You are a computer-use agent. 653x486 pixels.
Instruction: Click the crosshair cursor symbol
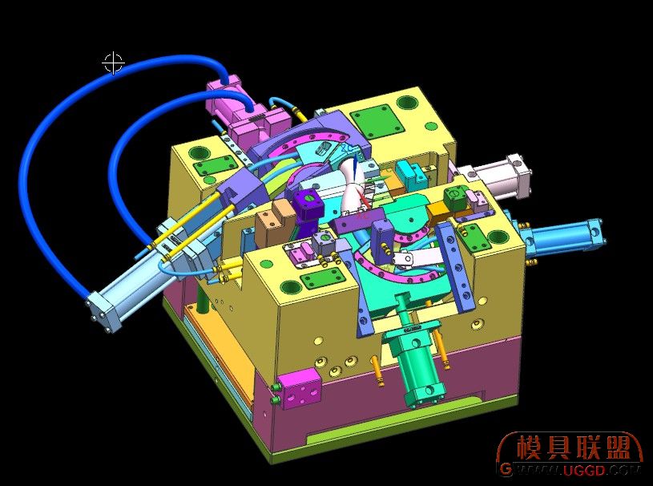(113, 63)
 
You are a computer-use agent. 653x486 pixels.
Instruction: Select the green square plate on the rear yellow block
(376, 122)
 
